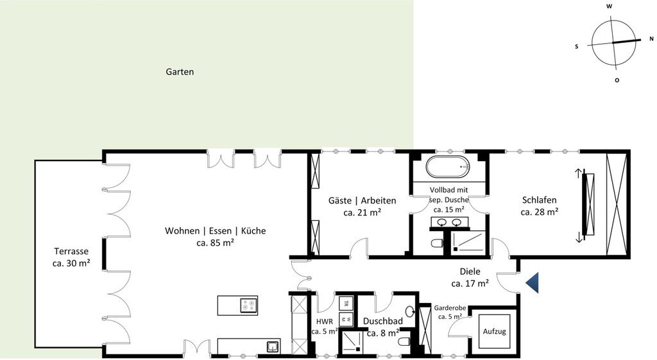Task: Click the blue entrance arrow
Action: coord(533,282)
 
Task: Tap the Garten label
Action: coord(180,72)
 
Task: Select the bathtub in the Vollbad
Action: coord(448,167)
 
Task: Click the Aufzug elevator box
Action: coord(495,331)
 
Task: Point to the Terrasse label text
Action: coord(71,252)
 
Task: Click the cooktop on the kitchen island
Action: coord(249,305)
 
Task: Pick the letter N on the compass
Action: coord(651,39)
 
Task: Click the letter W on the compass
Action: coord(610,6)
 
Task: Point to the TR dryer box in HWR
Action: coord(346,303)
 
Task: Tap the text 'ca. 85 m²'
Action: coord(216,242)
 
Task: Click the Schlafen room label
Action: coord(539,200)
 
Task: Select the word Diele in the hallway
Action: coord(470,271)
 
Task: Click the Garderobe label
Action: coord(450,308)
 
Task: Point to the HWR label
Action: coord(325,321)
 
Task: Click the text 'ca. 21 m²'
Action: coord(362,212)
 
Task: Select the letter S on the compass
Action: coord(577,46)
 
